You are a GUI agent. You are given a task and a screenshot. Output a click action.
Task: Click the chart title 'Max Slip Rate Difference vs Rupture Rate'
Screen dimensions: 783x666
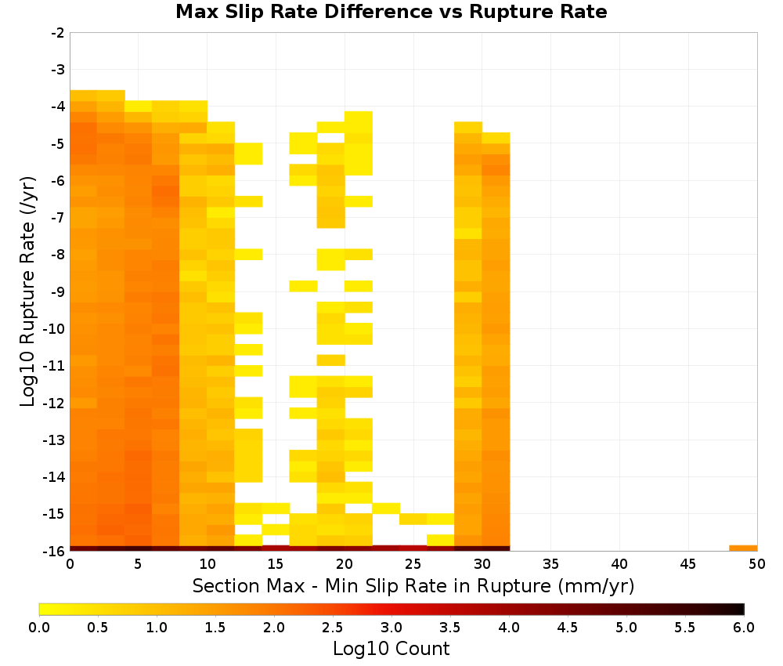coord(391,12)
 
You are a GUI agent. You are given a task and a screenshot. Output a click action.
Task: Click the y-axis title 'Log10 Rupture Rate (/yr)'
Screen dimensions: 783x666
coord(27,291)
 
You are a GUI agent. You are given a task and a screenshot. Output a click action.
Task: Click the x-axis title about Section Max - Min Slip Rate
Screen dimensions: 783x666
coord(413,585)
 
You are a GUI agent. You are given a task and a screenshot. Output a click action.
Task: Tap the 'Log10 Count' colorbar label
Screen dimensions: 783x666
coord(391,649)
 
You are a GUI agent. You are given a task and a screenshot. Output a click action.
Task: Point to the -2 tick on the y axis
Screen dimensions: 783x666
coord(58,33)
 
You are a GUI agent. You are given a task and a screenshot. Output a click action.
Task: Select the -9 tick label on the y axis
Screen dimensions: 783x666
coord(58,291)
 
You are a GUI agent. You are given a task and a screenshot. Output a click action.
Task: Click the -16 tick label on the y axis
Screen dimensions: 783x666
coord(55,551)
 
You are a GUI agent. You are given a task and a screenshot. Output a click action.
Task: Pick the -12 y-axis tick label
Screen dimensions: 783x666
coord(55,403)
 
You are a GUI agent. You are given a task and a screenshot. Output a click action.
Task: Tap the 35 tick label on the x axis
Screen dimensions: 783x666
coord(550,564)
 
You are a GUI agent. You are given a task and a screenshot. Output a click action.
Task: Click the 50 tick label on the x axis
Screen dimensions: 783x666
coord(756,564)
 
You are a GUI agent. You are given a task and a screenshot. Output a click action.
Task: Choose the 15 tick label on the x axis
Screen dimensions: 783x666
coord(276,564)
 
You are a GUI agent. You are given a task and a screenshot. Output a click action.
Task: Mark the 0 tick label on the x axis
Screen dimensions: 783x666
coord(70,564)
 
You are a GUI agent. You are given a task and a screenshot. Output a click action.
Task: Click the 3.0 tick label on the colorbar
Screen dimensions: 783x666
coord(391,627)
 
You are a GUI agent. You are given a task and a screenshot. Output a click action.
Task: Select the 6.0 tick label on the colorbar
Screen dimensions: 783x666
coord(744,627)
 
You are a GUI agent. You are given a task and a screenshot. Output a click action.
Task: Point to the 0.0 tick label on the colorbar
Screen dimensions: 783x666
coord(39,627)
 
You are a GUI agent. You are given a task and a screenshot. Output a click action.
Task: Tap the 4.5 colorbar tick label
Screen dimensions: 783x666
coord(567,627)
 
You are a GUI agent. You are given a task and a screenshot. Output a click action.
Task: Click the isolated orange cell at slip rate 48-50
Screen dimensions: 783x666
coord(743,548)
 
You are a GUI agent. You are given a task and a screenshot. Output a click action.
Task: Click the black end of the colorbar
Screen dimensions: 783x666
coord(741,609)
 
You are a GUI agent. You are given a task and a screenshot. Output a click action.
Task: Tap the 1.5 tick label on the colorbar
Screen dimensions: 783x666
coord(215,627)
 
